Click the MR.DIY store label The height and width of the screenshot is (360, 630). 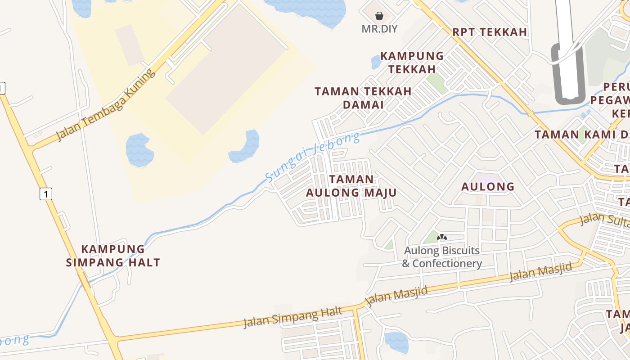click(x=379, y=29)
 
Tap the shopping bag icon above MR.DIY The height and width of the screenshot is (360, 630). click(x=379, y=16)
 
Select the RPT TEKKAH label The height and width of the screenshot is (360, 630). click(x=490, y=32)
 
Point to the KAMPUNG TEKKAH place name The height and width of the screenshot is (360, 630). click(x=412, y=63)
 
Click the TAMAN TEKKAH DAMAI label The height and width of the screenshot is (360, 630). click(x=363, y=98)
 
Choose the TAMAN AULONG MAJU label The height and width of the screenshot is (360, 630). click(x=351, y=186)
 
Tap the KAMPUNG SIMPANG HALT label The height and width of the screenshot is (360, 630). click(x=113, y=256)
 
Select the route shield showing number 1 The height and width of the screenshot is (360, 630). click(x=45, y=194)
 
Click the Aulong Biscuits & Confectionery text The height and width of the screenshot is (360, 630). click(x=442, y=257)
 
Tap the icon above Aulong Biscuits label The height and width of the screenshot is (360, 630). click(x=442, y=237)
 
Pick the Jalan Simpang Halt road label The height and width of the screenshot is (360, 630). click(x=293, y=317)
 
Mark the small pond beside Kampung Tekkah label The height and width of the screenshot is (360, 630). click(x=376, y=62)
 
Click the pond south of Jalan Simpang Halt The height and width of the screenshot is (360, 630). click(x=396, y=342)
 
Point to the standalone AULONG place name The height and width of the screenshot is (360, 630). click(x=488, y=186)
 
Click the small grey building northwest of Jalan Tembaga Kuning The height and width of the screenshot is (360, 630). click(x=130, y=44)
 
